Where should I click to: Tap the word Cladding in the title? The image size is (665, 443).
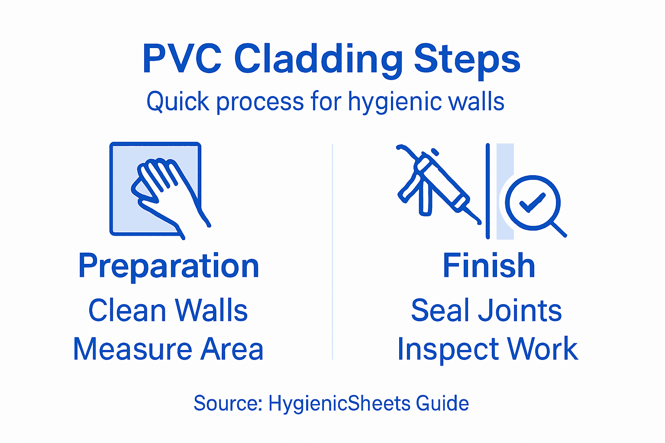[319, 59]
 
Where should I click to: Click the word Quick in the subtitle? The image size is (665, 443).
[172, 102]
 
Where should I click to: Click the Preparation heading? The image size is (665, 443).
[169, 266]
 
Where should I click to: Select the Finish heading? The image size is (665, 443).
[489, 266]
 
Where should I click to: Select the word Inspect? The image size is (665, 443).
[448, 350]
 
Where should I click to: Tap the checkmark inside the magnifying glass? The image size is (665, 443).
[533, 202]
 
